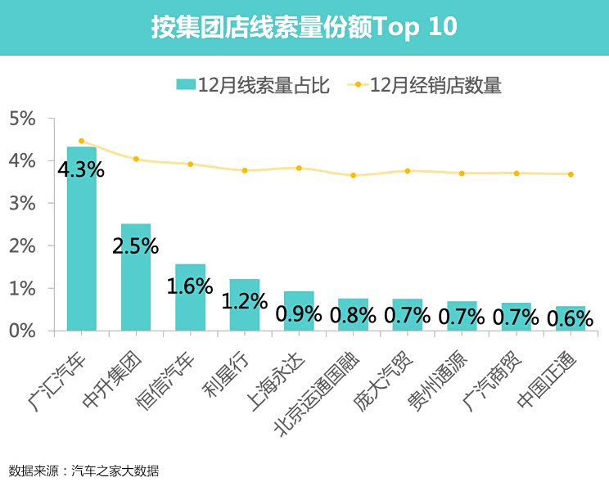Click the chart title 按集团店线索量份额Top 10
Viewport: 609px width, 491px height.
(x=304, y=27)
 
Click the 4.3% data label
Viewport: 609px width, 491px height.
(x=80, y=170)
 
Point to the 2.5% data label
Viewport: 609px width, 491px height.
(x=135, y=245)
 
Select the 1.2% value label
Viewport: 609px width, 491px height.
(x=244, y=300)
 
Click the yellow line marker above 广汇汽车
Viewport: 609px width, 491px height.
(x=81, y=141)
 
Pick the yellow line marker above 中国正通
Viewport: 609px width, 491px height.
(x=571, y=173)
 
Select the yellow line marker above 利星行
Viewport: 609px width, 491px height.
(x=244, y=170)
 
